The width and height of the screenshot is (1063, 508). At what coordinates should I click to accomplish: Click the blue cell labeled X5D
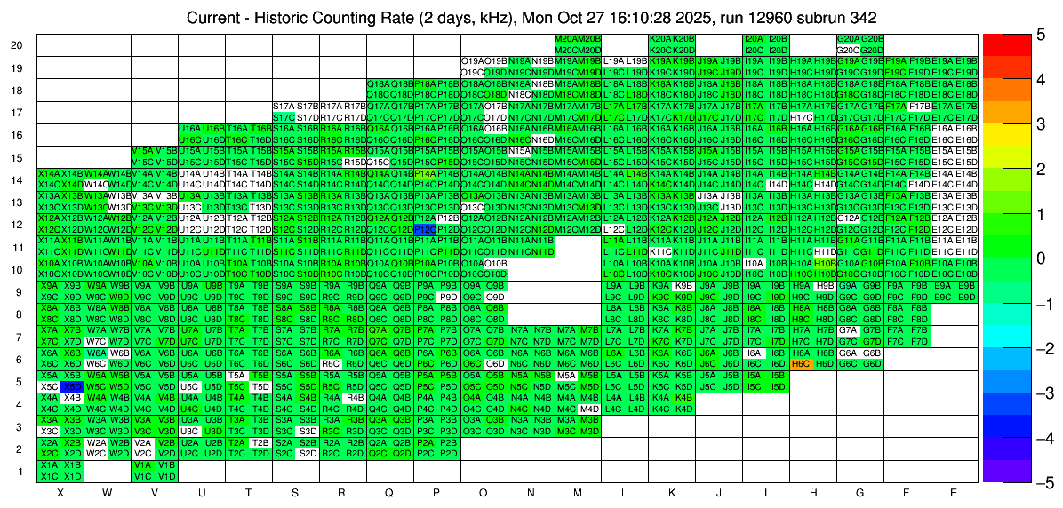73,387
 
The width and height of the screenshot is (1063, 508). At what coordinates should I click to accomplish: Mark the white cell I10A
755,264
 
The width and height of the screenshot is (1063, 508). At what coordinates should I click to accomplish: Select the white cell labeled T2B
260,442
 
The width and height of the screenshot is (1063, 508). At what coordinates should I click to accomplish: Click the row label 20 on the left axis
17,45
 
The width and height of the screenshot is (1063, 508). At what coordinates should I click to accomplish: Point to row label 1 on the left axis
17,471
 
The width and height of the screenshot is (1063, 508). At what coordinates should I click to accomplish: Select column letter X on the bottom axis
60,492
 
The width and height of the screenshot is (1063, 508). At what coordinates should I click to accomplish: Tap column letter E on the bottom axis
954,492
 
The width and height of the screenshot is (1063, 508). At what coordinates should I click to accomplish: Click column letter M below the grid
578,492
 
